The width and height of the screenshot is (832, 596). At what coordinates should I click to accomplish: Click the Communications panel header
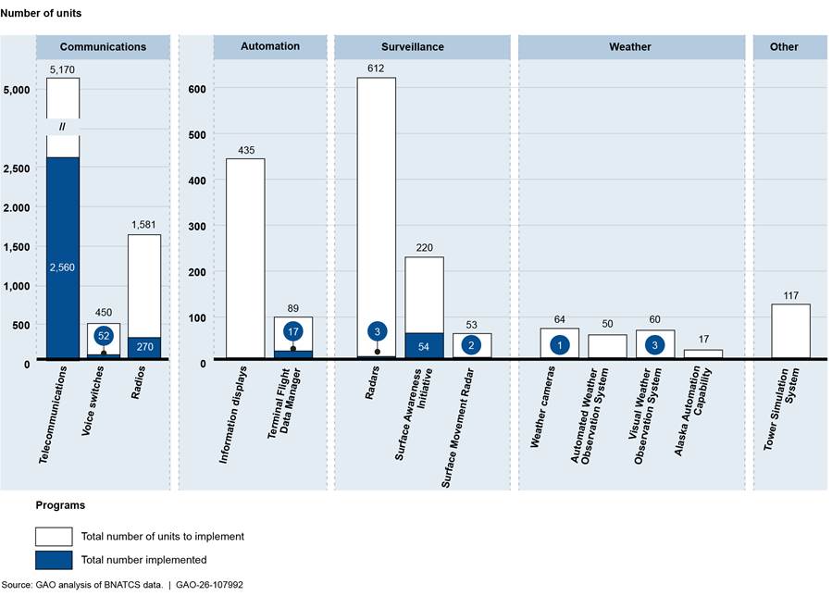[x=103, y=46]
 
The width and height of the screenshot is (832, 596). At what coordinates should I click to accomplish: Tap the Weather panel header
[x=631, y=46]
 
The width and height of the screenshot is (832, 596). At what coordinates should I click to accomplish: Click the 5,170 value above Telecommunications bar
[x=62, y=69]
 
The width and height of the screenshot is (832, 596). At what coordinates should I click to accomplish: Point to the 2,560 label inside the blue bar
[x=62, y=267]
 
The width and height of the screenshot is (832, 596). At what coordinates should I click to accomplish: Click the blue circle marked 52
[x=104, y=336]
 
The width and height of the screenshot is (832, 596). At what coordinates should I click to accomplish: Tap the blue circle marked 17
[x=292, y=332]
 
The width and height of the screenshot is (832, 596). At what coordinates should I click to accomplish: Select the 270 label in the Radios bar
[x=144, y=346]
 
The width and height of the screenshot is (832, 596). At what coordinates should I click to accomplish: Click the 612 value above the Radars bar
[x=376, y=68]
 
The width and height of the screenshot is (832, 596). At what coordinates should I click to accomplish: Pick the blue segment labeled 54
[x=424, y=346]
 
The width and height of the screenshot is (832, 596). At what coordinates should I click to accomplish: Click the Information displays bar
[x=245, y=258]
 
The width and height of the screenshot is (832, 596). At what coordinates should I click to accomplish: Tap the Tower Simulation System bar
[x=790, y=331]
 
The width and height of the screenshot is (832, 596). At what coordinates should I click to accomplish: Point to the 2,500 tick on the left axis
[x=17, y=168]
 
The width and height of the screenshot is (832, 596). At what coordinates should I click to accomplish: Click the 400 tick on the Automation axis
[x=197, y=180]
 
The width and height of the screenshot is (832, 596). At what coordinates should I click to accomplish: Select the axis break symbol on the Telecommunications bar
[x=62, y=127]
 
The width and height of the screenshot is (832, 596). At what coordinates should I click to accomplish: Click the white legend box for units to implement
[x=54, y=537]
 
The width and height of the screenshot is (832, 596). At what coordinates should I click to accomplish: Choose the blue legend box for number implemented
[x=54, y=560]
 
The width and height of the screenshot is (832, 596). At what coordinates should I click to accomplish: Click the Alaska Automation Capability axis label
[x=695, y=411]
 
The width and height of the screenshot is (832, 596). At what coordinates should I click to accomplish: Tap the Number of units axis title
[x=41, y=13]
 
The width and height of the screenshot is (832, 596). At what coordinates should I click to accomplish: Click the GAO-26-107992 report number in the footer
[x=209, y=585]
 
